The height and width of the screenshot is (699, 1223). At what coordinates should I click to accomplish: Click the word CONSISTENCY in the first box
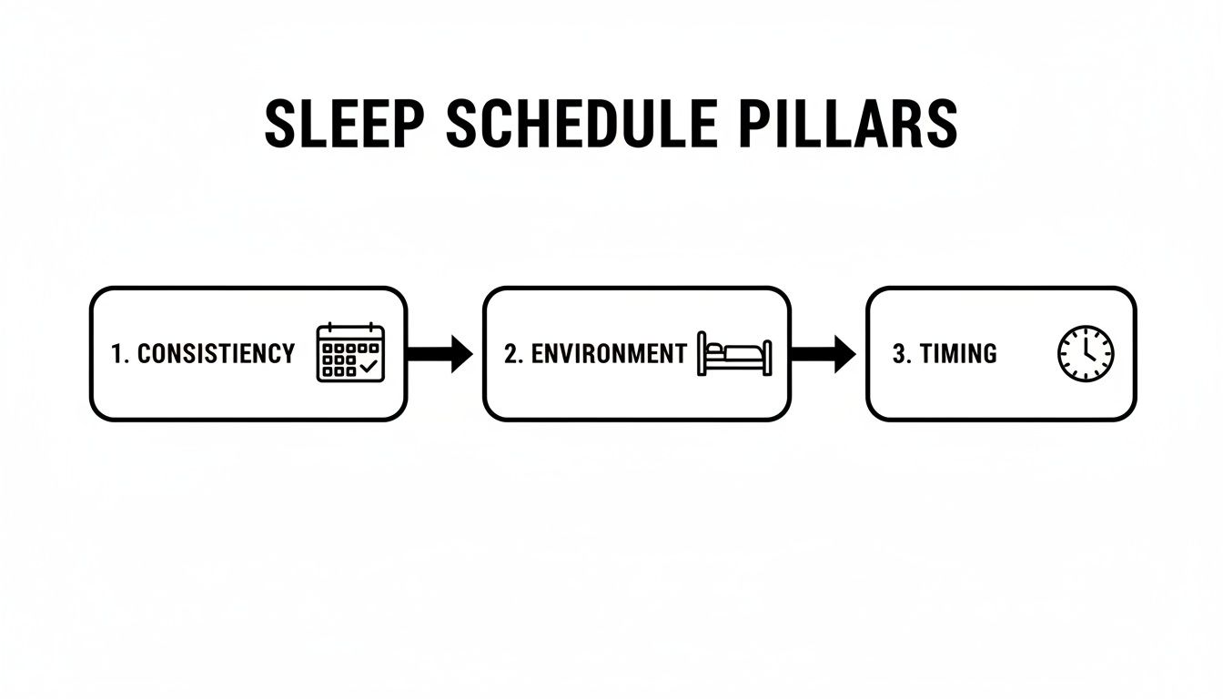(x=216, y=353)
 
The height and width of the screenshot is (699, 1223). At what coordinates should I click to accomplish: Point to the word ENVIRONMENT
(x=608, y=353)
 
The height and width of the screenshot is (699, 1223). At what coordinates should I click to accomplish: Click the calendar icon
(x=350, y=353)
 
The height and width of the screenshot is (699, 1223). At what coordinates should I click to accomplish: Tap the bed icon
(x=733, y=353)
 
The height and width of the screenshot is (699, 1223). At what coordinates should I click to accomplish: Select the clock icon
(x=1086, y=354)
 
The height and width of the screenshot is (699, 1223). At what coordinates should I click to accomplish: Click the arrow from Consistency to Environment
(x=440, y=354)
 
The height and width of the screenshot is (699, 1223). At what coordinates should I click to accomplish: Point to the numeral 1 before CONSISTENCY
(x=116, y=353)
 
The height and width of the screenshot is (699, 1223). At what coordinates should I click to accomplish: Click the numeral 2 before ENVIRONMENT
(x=510, y=353)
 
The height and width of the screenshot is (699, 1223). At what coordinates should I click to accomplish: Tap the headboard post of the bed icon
(x=701, y=353)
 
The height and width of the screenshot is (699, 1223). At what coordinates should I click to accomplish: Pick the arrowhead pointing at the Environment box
(x=461, y=354)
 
